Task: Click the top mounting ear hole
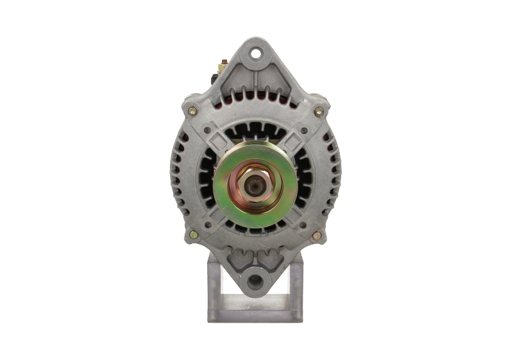256,53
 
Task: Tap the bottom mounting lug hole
255,280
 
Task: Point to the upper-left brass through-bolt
192,111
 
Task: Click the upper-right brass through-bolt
319,111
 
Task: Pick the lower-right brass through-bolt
316,236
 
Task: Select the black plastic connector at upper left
215,76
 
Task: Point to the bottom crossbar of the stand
255,314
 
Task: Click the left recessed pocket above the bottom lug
238,259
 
